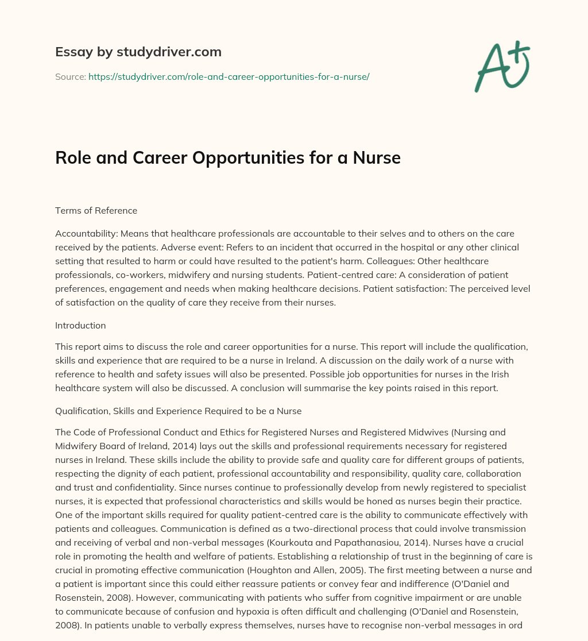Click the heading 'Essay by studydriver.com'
click(138, 52)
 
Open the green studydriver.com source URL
click(229, 76)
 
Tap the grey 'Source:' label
click(70, 76)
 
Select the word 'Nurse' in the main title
click(376, 158)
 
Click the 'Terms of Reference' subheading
click(96, 210)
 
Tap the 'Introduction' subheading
click(80, 325)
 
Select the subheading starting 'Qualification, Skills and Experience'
click(178, 411)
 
